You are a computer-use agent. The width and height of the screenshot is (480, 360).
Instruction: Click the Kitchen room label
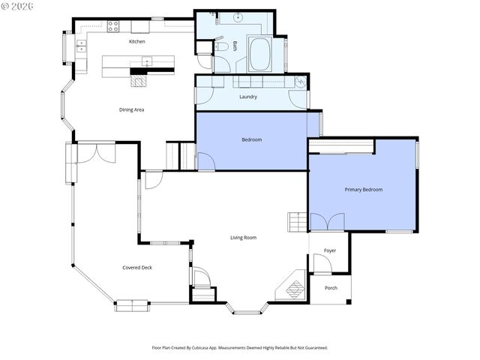(136, 41)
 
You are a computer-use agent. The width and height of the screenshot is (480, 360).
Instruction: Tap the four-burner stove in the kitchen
(113, 25)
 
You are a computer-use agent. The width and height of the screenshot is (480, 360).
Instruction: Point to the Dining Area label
(131, 109)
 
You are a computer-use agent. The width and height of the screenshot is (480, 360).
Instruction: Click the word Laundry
(248, 96)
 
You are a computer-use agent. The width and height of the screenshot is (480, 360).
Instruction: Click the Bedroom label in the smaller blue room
(251, 139)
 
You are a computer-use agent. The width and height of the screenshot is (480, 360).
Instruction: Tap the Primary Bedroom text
(363, 190)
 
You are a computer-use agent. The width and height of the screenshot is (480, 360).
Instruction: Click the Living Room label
(243, 238)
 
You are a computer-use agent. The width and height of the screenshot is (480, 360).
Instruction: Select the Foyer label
(330, 250)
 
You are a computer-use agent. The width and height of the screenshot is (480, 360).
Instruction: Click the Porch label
(331, 288)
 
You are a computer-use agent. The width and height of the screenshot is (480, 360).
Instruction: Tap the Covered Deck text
(137, 267)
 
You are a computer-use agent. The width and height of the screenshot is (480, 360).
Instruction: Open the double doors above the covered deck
(96, 152)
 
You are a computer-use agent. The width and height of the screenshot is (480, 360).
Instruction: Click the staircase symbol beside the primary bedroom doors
(297, 222)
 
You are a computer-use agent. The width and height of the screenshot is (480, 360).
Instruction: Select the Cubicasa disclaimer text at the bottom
(240, 348)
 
